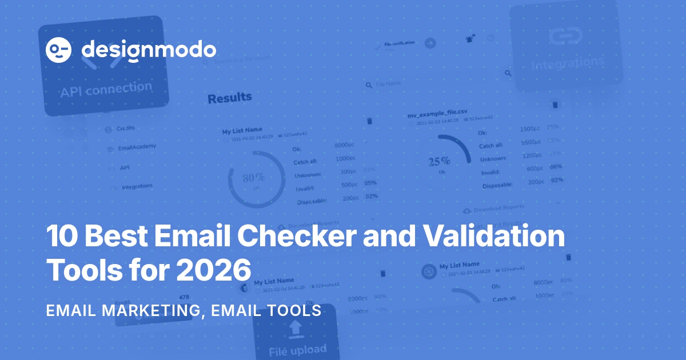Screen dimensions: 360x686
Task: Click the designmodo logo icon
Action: pos(58,50)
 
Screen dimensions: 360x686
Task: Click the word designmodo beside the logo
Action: pos(149,50)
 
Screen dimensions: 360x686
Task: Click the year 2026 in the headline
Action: pos(214,269)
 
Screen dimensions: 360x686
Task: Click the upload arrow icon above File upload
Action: pos(295,327)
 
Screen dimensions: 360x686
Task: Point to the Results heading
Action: pos(229,98)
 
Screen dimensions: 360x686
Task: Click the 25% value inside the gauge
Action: pos(439,161)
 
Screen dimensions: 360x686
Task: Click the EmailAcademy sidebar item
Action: pos(137,147)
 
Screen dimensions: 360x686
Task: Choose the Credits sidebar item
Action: pos(126,129)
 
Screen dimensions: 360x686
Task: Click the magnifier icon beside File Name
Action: pos(369,85)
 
